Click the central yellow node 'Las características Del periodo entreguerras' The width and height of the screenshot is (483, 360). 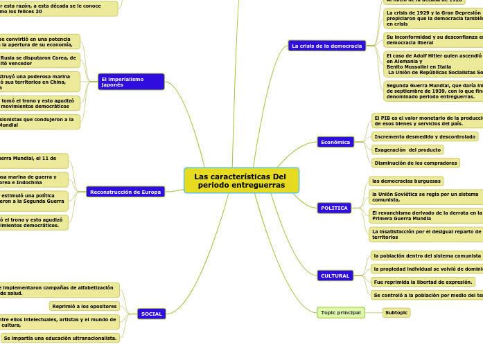(241, 181)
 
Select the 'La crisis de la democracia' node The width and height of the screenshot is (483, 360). (326, 46)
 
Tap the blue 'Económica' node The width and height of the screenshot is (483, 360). (335, 142)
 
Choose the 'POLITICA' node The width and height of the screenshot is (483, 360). (335, 208)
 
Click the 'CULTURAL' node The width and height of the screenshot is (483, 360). (335, 276)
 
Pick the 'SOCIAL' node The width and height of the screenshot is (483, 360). (151, 314)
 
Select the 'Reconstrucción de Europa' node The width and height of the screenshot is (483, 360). (125, 192)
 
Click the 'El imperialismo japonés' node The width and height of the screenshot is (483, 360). (131, 82)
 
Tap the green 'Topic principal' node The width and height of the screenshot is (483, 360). (340, 312)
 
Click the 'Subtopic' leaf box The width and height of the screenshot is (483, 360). (396, 312)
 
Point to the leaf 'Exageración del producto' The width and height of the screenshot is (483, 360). (407, 150)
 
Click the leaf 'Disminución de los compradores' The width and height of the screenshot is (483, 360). (416, 163)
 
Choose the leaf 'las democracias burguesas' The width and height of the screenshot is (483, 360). (406, 181)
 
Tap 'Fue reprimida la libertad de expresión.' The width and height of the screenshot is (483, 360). (423, 282)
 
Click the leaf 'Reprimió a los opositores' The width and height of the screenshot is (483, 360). (85, 306)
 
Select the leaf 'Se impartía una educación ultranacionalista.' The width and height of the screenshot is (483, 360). (60, 338)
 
